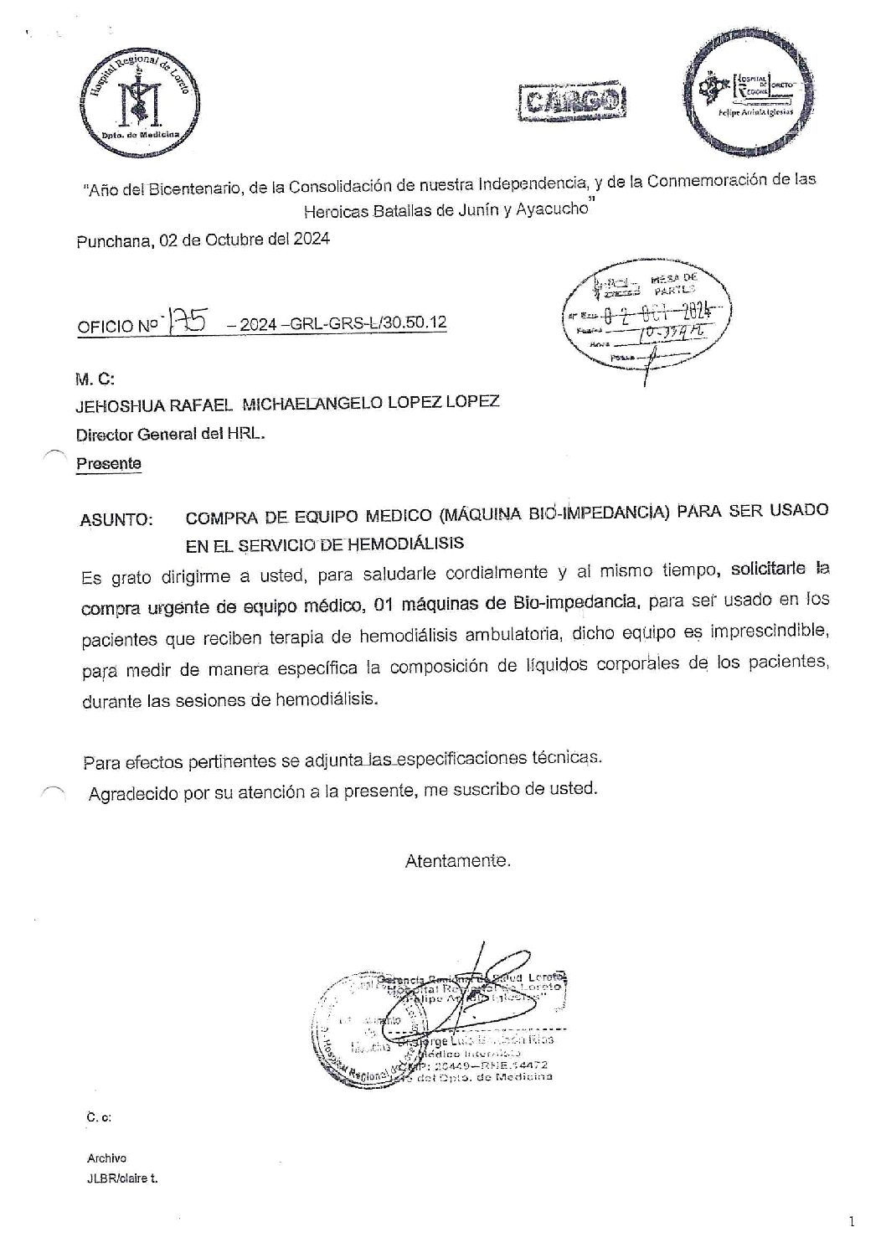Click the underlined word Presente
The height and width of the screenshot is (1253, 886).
click(109, 463)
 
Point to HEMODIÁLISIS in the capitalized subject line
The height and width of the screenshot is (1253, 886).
click(404, 542)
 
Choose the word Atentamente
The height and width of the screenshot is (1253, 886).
click(457, 860)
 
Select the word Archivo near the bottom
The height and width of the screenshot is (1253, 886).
click(106, 1158)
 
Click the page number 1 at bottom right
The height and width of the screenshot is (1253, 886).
click(852, 1222)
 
